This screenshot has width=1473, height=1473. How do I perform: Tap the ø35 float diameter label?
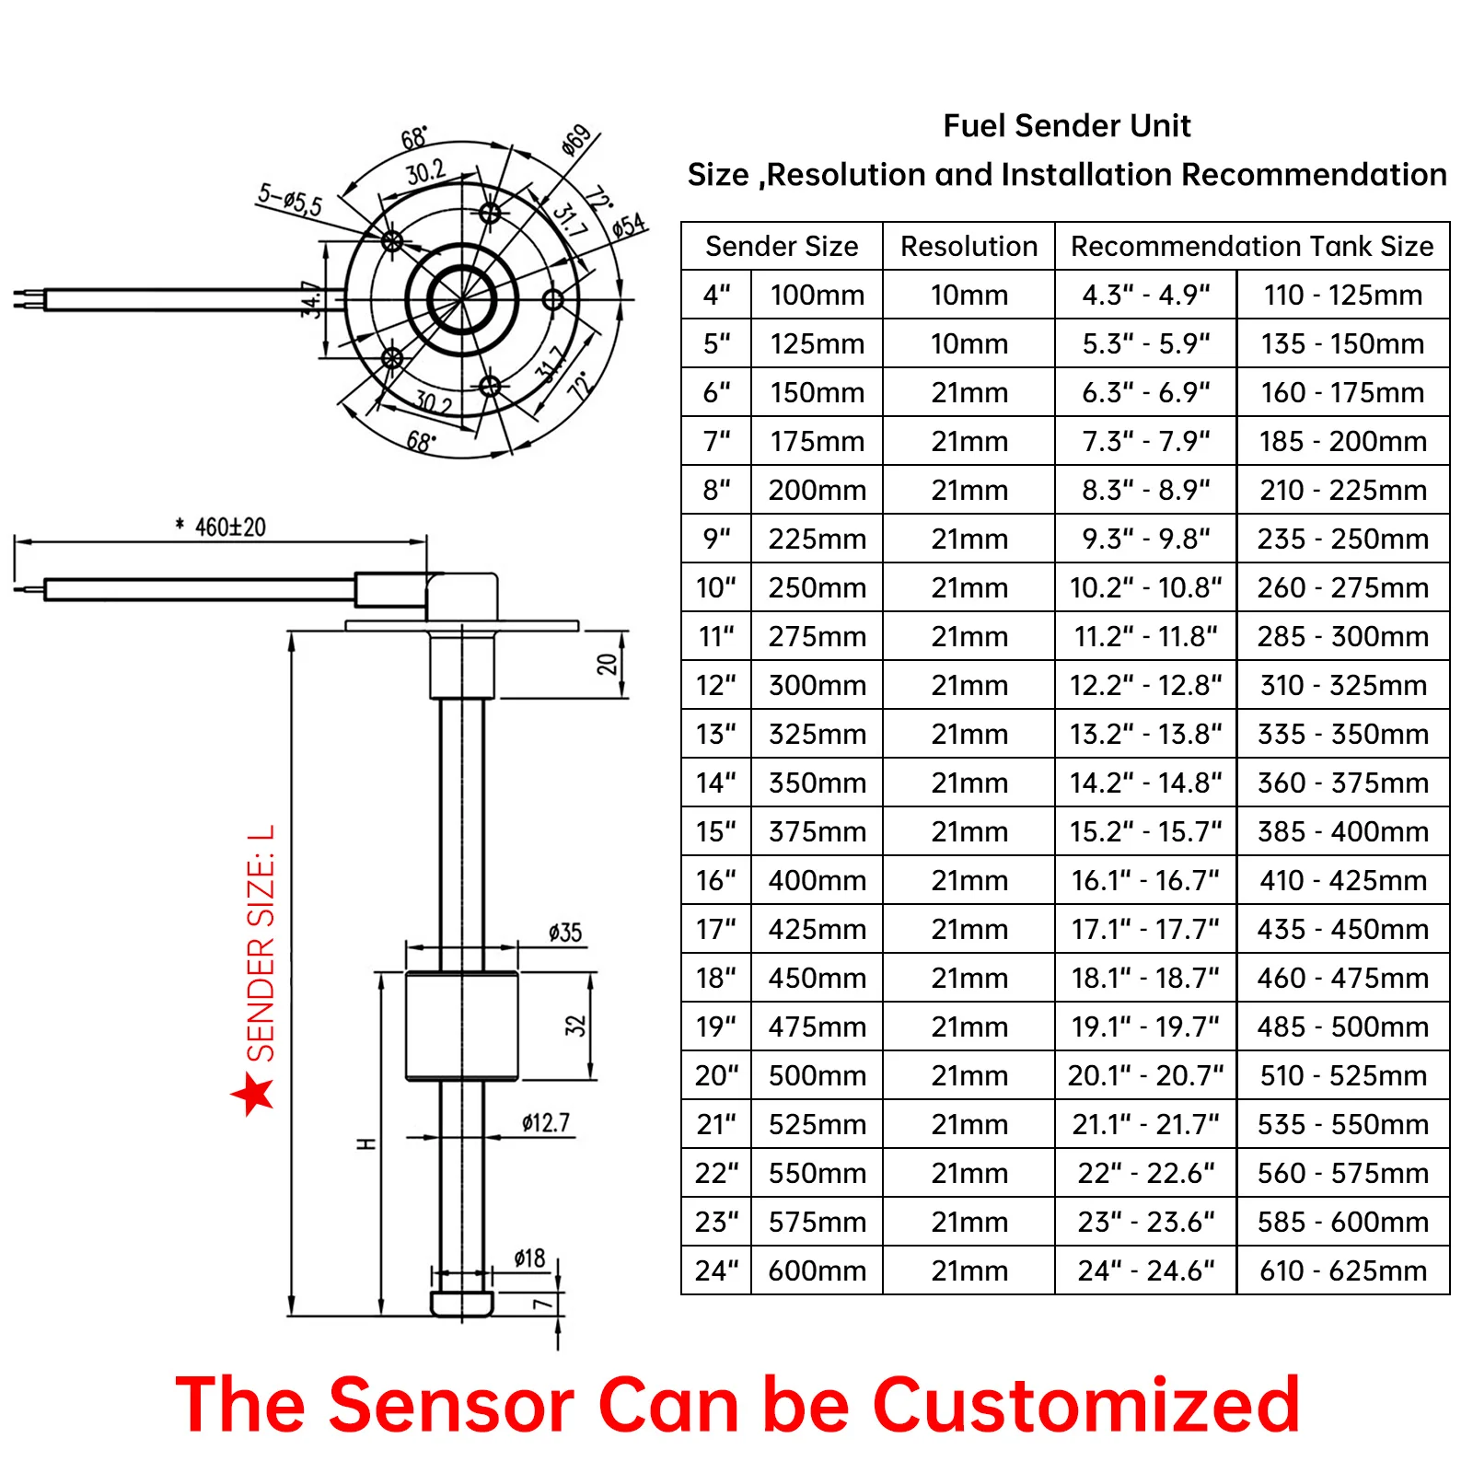click(564, 933)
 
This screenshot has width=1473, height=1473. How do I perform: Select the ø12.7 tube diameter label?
click(546, 1122)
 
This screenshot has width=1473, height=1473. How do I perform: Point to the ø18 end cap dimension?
click(529, 1258)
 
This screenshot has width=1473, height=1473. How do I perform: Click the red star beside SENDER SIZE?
click(253, 1093)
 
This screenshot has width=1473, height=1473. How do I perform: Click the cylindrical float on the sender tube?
click(461, 1025)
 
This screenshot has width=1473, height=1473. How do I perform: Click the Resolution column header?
click(968, 246)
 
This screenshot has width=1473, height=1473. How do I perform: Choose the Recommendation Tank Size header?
click(1251, 246)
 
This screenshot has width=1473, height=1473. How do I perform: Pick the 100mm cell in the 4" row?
click(817, 295)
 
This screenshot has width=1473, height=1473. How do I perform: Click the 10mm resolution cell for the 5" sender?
click(968, 343)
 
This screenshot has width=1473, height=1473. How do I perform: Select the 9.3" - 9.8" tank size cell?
click(1145, 539)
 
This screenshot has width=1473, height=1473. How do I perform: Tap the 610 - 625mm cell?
click(1342, 1270)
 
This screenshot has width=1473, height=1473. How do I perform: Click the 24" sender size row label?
click(716, 1270)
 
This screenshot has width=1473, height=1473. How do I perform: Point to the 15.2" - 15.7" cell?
click(1145, 831)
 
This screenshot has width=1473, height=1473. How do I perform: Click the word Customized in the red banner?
click(1085, 1405)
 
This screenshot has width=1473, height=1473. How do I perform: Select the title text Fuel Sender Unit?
click(1066, 125)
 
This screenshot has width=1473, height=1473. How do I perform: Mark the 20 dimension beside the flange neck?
click(607, 664)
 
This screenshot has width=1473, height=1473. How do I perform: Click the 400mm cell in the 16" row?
click(817, 880)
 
